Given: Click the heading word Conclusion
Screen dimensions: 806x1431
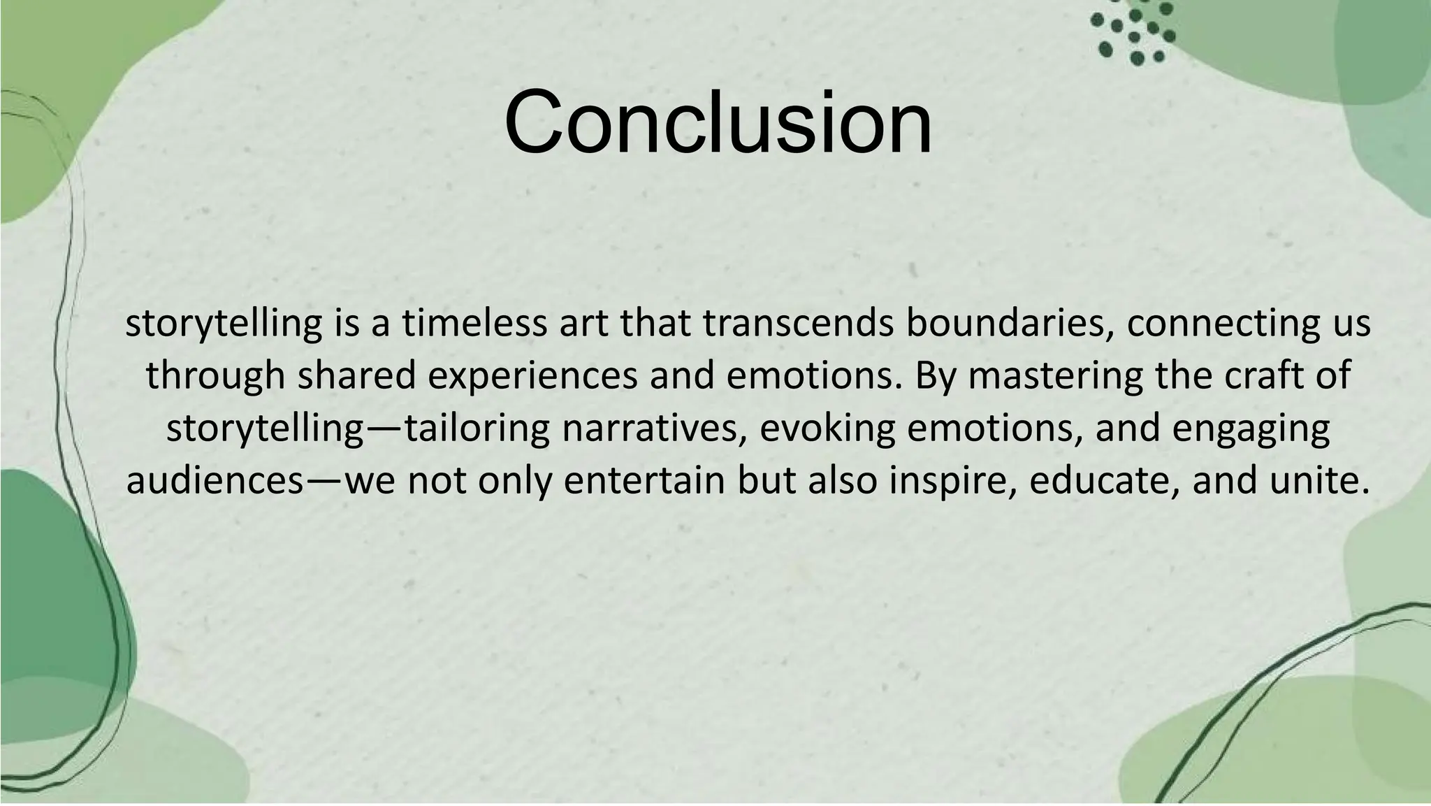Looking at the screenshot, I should pyautogui.click(x=718, y=122).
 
